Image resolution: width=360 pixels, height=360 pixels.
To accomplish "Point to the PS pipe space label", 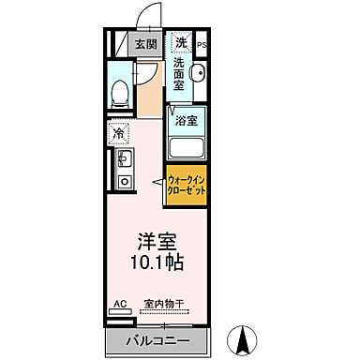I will pyautogui.click(x=202, y=43).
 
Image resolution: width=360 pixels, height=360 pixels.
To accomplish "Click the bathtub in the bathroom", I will pyautogui.click(x=187, y=147).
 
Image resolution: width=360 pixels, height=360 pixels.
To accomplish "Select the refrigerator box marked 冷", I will pyautogui.click(x=119, y=132).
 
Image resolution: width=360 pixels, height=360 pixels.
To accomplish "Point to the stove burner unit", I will pyautogui.click(x=123, y=182).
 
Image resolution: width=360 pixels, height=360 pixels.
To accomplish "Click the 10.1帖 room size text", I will pyautogui.click(x=154, y=260).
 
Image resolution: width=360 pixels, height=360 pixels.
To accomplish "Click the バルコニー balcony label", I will pyautogui.click(x=152, y=338).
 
